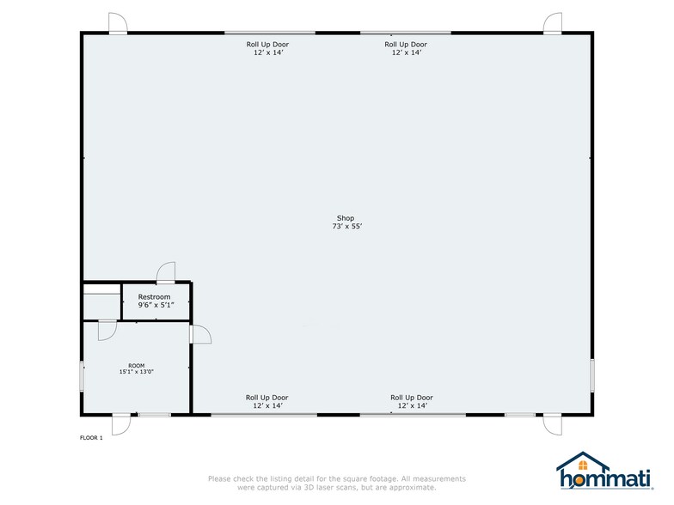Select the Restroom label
click(x=155, y=297)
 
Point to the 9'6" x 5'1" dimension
click(x=155, y=305)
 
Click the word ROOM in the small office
click(x=136, y=366)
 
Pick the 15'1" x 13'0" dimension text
click(x=136, y=372)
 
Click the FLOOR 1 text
click(x=91, y=438)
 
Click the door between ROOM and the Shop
click(x=199, y=334)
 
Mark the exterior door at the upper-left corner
click(x=118, y=23)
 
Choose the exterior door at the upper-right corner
click(x=553, y=23)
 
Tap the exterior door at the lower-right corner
click(x=551, y=424)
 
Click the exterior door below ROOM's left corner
click(x=121, y=424)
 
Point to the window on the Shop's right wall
click(x=592, y=374)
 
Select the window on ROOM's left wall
click(x=83, y=376)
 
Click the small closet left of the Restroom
click(x=101, y=301)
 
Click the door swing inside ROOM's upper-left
click(x=107, y=330)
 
